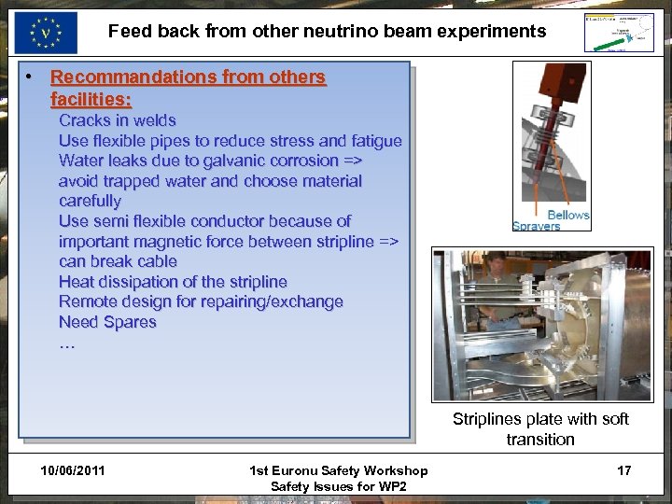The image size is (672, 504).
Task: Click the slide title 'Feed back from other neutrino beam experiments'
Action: (x=327, y=31)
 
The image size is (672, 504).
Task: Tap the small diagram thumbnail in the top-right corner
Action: (x=619, y=33)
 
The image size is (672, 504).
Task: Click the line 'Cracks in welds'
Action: (x=117, y=120)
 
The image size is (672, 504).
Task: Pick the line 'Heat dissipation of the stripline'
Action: (x=173, y=282)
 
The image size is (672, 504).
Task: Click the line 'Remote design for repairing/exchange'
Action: (x=201, y=301)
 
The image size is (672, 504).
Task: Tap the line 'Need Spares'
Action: (x=107, y=322)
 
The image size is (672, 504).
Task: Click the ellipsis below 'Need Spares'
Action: (x=66, y=343)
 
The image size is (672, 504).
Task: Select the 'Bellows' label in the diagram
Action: (x=568, y=215)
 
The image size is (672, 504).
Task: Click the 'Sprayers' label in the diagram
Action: (x=537, y=226)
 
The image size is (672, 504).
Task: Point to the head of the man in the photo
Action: (x=497, y=264)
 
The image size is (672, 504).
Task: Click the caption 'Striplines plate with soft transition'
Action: (x=540, y=429)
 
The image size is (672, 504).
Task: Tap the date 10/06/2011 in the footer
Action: (x=73, y=470)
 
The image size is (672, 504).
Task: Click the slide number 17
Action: (x=623, y=470)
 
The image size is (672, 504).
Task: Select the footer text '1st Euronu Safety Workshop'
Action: (x=338, y=470)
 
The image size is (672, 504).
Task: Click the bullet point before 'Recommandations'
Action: (x=31, y=76)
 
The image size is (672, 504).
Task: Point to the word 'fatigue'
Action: (x=374, y=141)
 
